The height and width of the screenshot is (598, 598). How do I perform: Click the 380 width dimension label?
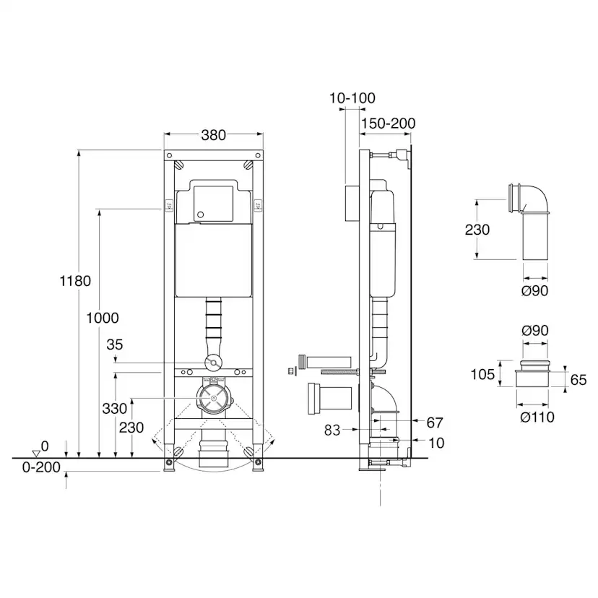click(213, 134)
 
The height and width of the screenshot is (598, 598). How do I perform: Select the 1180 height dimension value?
click(75, 281)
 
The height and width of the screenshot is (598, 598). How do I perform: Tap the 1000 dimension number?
click(102, 317)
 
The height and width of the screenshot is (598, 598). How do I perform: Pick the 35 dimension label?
click(115, 345)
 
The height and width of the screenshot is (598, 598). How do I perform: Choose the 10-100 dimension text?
click(352, 98)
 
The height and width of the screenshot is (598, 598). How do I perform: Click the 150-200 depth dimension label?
click(388, 123)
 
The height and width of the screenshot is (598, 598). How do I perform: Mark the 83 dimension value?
click(332, 430)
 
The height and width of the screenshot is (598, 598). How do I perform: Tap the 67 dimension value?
click(435, 422)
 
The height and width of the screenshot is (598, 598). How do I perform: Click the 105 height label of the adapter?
click(483, 374)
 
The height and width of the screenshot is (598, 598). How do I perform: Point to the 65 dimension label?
click(578, 379)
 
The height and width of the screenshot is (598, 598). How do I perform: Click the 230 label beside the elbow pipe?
click(477, 230)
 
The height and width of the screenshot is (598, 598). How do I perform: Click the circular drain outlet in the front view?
click(213, 398)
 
